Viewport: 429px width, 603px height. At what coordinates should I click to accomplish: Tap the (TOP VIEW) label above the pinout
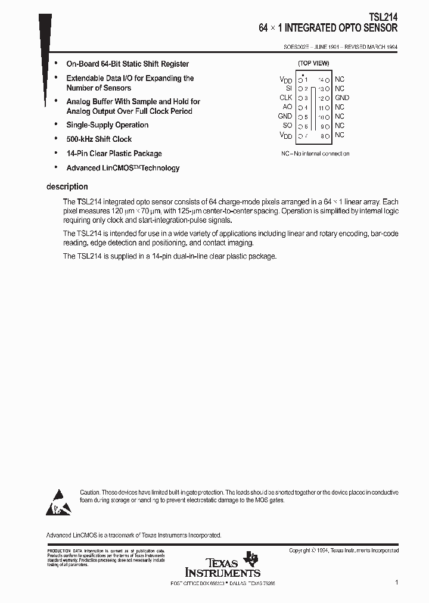click(313, 63)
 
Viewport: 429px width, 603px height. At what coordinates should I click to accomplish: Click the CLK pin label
click(285, 98)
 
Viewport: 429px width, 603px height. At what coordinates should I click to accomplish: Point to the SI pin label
click(288, 88)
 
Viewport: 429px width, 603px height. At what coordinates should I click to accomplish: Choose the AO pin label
click(287, 107)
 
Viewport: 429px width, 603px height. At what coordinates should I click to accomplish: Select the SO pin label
click(287, 126)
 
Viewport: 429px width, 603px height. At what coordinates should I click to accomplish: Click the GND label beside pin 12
click(342, 98)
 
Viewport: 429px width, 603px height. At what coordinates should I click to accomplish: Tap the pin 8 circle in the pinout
click(328, 135)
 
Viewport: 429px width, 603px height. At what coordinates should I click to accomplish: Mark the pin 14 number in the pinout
click(321, 79)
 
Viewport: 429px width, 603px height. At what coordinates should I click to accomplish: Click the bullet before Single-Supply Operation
click(55, 125)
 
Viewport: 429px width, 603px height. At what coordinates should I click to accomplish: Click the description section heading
click(67, 187)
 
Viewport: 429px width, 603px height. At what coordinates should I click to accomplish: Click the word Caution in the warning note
click(91, 492)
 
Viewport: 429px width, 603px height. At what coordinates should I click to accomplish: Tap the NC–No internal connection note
click(315, 154)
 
